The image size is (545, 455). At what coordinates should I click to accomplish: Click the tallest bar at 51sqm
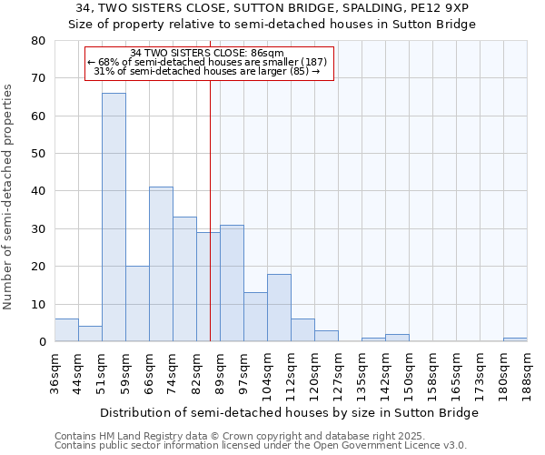pyautogui.click(x=114, y=217)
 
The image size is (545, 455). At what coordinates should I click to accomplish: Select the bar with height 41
pyautogui.click(x=161, y=264)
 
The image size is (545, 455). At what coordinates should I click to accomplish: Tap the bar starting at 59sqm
pyautogui.click(x=137, y=304)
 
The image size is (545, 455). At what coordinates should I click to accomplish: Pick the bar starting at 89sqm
pyautogui.click(x=232, y=283)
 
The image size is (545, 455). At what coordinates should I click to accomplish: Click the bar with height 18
pyautogui.click(x=279, y=308)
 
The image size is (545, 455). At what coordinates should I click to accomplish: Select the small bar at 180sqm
pyautogui.click(x=515, y=339)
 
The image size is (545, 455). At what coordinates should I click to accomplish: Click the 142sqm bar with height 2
pyautogui.click(x=397, y=338)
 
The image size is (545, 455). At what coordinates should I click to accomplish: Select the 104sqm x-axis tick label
pyautogui.click(x=268, y=371)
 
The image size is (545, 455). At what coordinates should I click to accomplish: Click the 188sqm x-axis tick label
pyautogui.click(x=528, y=371)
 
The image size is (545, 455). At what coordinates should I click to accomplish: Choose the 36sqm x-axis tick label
pyautogui.click(x=55, y=371)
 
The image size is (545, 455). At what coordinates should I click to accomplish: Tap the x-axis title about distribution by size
pyautogui.click(x=289, y=412)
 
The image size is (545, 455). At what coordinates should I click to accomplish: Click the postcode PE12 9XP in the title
pyautogui.click(x=434, y=8)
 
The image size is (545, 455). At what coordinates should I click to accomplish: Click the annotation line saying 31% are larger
pyautogui.click(x=207, y=71)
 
